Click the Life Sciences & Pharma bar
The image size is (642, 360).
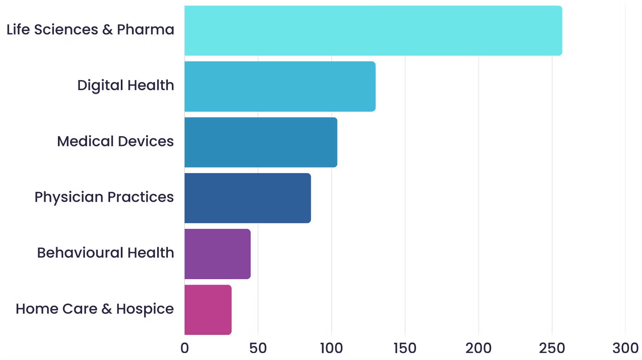click(x=373, y=31)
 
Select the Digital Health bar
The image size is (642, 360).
click(x=280, y=86)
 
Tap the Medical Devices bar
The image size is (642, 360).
click(x=260, y=142)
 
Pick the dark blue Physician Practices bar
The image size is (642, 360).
click(x=247, y=198)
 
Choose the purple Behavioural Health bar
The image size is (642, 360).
click(x=217, y=254)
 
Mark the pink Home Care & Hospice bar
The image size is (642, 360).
click(x=207, y=309)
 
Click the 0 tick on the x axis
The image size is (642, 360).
click(x=184, y=348)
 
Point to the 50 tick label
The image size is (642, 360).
click(x=258, y=348)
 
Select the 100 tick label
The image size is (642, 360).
click(x=331, y=348)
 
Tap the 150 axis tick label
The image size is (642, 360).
click(x=405, y=348)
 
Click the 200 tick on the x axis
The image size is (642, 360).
click(x=478, y=348)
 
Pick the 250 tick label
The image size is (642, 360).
click(x=552, y=348)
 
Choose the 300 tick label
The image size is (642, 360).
click(x=625, y=348)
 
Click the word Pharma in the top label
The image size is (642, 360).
click(x=145, y=30)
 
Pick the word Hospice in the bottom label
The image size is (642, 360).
click(x=145, y=309)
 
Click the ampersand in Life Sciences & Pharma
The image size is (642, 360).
click(x=107, y=30)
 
